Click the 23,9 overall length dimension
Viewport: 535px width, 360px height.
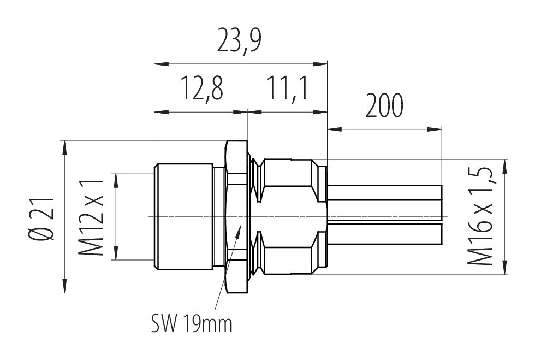240,42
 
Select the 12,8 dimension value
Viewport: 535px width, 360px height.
202,89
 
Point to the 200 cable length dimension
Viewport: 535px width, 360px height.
384,105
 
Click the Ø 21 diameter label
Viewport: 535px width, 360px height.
42,219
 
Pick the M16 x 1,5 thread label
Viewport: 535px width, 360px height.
480,216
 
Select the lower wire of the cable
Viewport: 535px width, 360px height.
385,234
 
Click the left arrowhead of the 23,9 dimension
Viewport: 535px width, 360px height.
162,63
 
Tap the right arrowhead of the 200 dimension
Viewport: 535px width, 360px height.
435,129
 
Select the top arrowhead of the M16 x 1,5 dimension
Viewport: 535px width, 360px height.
504,167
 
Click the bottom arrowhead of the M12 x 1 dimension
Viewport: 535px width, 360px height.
117,252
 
